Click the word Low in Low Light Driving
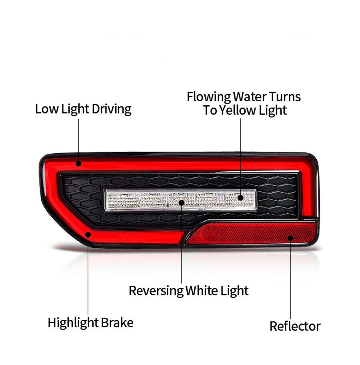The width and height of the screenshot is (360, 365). point(46,109)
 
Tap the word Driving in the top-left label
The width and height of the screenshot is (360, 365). point(112,109)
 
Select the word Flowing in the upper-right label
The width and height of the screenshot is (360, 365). point(208,97)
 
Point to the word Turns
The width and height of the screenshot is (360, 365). point(285,96)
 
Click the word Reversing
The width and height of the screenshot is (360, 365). point(156,291)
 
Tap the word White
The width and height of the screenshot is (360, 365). point(202,291)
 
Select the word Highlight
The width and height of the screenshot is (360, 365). point(73,323)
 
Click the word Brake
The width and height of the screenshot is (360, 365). point(117,323)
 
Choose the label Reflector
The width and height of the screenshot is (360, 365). point(295,326)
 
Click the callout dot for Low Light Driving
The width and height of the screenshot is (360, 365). point(79,164)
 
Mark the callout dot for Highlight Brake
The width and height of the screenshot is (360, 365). point(88,235)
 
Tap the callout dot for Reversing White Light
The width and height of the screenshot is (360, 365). point(182,203)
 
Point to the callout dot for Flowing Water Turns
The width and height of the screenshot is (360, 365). point(241,198)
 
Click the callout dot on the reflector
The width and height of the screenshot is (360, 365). point(290,238)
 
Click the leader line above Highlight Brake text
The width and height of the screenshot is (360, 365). point(88,276)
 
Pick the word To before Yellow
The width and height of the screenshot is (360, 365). point(210,110)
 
